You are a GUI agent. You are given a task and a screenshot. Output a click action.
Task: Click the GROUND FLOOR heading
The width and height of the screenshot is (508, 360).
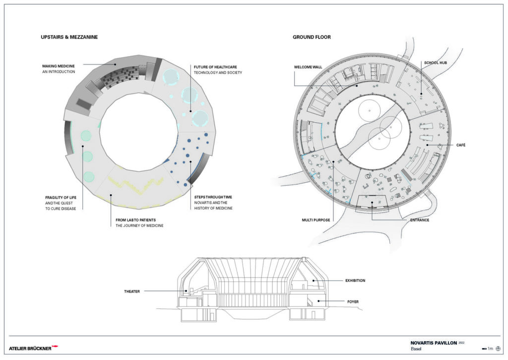point(312,37)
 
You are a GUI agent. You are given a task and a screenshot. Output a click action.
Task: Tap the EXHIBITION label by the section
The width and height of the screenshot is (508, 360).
point(355,281)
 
